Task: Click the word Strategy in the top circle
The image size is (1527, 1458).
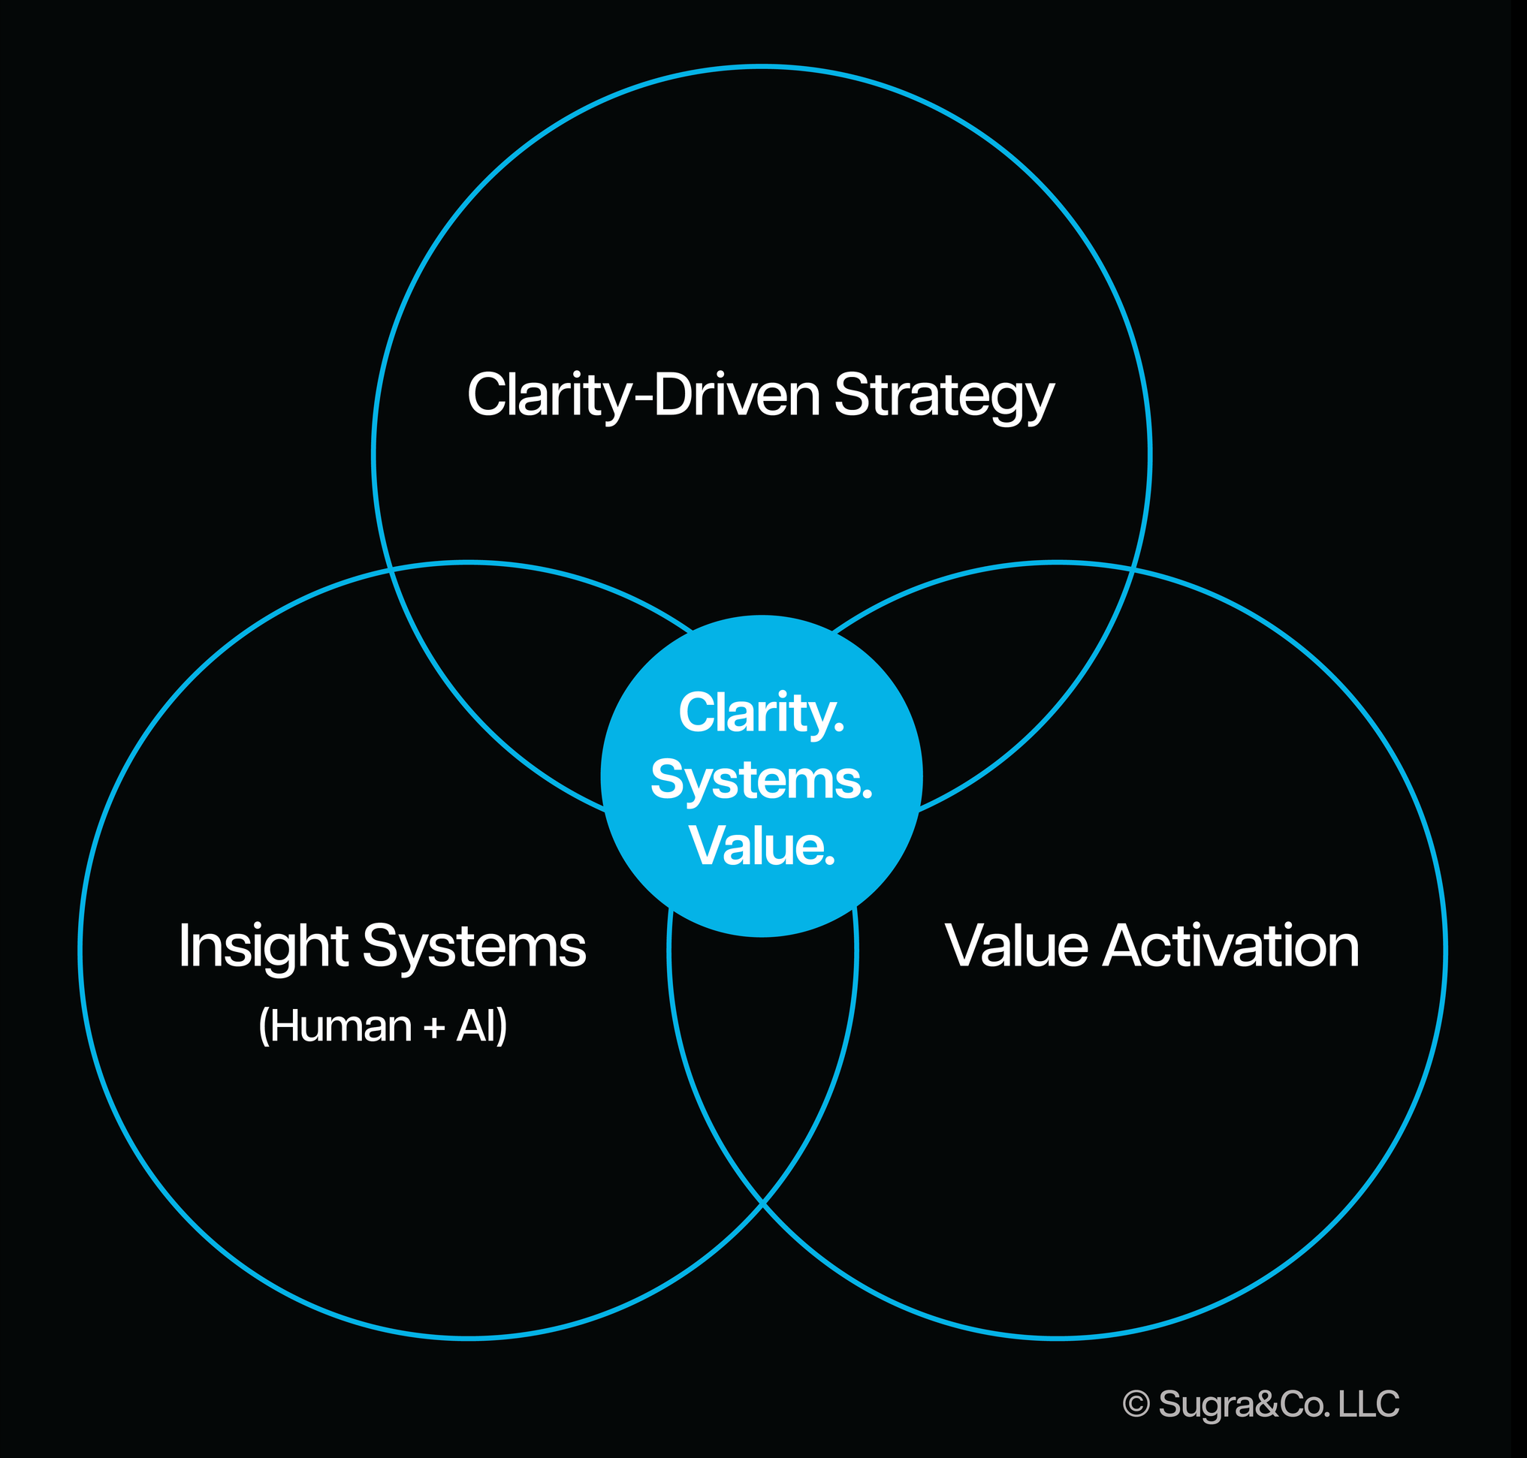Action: click(x=944, y=396)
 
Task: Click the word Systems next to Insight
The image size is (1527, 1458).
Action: click(x=473, y=947)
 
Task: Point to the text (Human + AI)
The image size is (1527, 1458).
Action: click(x=382, y=1026)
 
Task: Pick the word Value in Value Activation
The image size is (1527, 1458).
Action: click(x=1016, y=946)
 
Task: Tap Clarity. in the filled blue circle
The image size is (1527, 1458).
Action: click(x=761, y=713)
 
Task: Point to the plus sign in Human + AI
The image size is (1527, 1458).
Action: click(x=435, y=1029)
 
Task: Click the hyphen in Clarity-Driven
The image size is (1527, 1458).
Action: click(x=643, y=398)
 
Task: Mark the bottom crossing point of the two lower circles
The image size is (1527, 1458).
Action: click(x=762, y=1202)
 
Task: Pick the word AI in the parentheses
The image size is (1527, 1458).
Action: click(x=480, y=1026)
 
